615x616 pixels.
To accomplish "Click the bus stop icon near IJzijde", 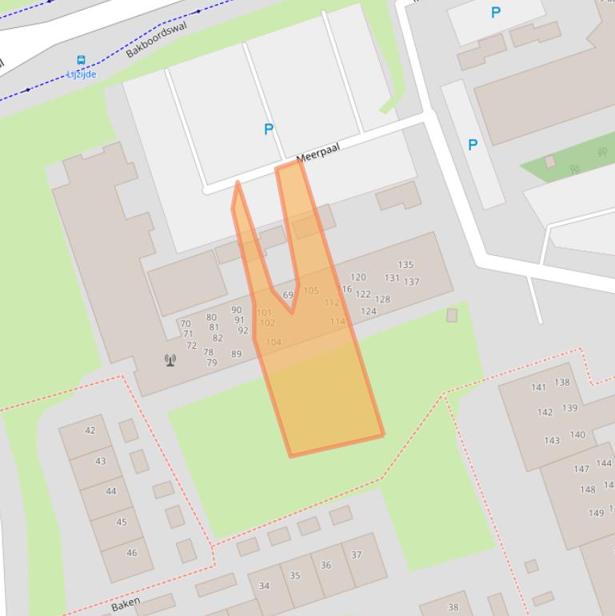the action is pos(81,61).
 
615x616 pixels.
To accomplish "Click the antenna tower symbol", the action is pos(170,360).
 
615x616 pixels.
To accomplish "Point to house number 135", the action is pos(405,265).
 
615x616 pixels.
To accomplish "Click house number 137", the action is pos(411,282).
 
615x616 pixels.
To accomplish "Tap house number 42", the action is pos(90,430).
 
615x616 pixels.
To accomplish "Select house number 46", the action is pos(132,553).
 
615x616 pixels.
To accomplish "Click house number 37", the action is pos(357,554).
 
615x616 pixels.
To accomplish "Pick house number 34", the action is pos(264,586).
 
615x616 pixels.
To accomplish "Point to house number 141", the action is pos(538,387).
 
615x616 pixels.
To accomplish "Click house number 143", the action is pos(552,441).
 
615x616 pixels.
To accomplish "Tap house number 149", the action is pos(596,513).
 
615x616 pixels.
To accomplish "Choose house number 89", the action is pos(236,354).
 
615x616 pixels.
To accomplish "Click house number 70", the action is pos(186,324).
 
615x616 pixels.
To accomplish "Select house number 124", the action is pos(368,311).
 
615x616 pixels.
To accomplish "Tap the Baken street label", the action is pos(126,603).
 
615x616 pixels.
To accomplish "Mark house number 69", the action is pos(288,295).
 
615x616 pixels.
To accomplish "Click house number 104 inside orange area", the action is pos(274,342).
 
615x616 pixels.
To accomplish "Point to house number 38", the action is pos(453,607).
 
